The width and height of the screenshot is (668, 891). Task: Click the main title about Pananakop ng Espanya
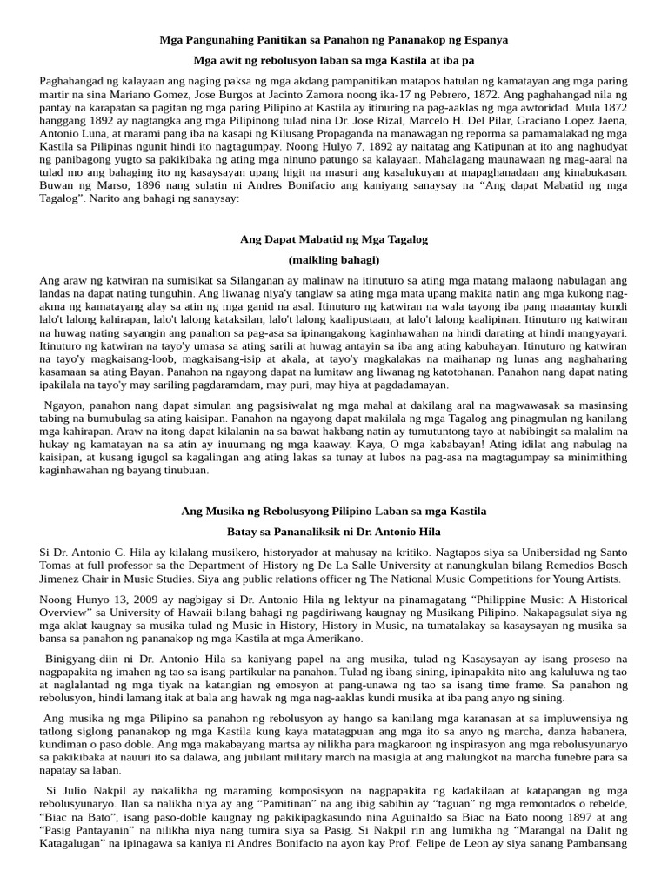coord(334,40)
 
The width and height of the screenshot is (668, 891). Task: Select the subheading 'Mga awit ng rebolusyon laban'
coord(334,61)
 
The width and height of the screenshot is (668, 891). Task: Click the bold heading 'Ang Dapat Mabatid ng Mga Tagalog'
coord(334,238)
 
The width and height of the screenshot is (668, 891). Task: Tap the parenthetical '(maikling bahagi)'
coord(334,259)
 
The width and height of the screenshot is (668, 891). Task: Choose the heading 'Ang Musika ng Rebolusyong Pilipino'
coord(334,511)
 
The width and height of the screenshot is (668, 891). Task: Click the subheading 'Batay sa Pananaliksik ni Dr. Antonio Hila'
coord(334,532)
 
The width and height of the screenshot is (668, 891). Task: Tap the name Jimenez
coord(61,579)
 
